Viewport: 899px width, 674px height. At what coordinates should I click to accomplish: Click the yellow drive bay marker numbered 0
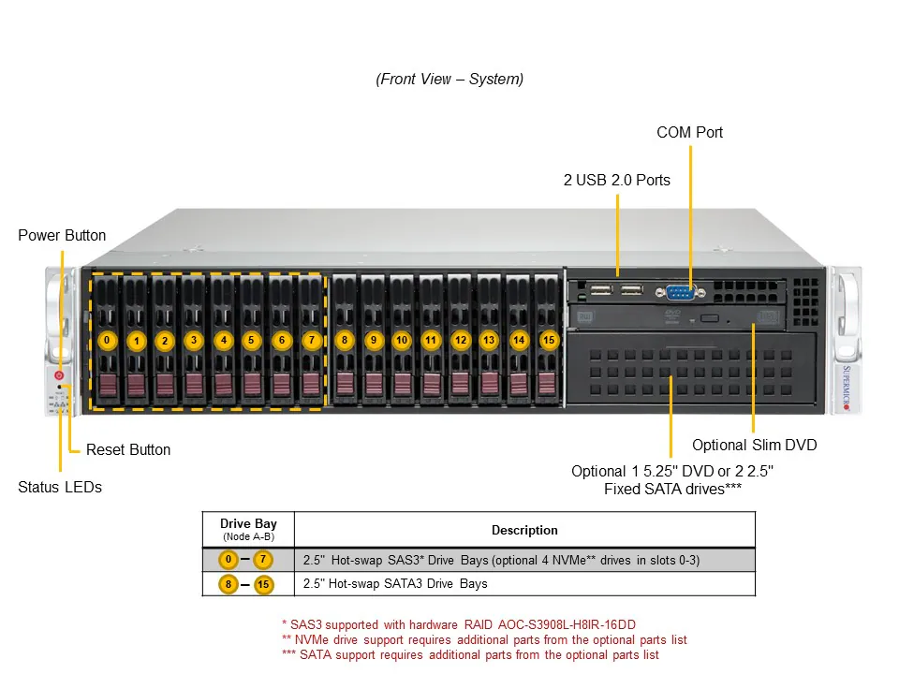[x=107, y=340]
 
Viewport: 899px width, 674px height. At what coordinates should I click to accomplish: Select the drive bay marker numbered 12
[x=460, y=340]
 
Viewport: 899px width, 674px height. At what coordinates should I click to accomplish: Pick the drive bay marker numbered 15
[x=549, y=340]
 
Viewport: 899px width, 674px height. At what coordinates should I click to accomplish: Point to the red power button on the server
[x=59, y=375]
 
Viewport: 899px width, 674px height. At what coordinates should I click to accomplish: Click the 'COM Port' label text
[x=689, y=132]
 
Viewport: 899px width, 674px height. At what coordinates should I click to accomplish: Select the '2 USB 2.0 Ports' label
[x=616, y=180]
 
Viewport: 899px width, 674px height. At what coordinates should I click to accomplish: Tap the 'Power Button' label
[x=62, y=235]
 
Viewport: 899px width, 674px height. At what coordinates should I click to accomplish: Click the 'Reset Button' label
[x=128, y=449]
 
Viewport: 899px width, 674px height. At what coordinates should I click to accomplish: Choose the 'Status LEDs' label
[x=60, y=487]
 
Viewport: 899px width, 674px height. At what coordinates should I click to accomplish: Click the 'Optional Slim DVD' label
[x=754, y=445]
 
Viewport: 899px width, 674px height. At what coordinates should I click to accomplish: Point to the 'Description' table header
[x=523, y=530]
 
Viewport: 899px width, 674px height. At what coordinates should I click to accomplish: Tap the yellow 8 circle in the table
[x=228, y=584]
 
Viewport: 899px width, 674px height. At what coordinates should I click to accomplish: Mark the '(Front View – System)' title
[x=449, y=79]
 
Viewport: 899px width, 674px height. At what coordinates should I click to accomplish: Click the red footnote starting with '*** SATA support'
[x=469, y=654]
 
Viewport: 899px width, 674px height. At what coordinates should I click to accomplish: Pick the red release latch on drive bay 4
[x=223, y=385]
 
